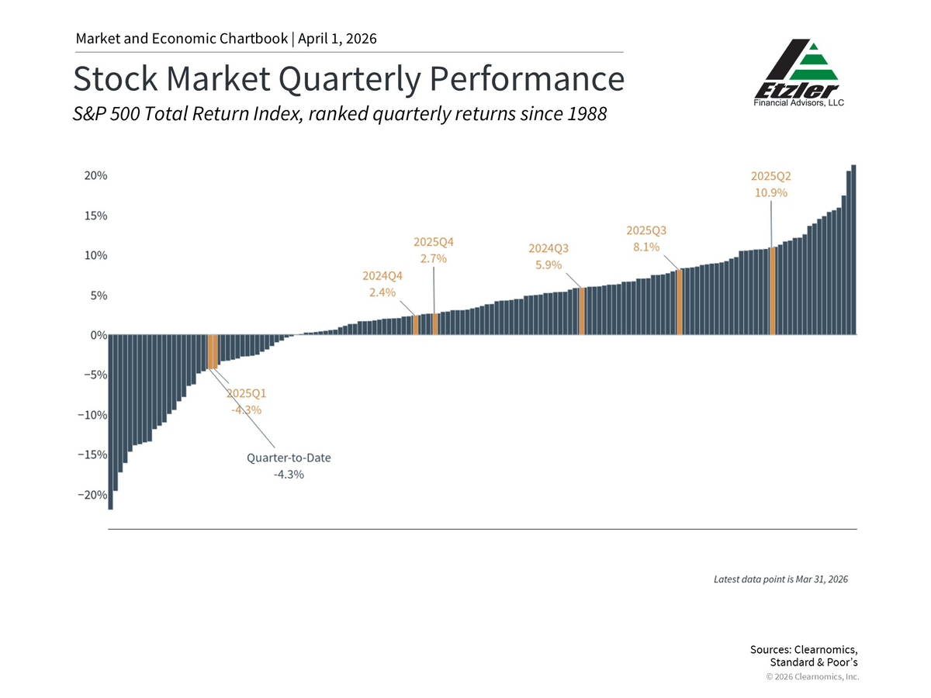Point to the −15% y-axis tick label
coord(92,454)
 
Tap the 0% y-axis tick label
coord(97,336)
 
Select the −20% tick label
coord(92,495)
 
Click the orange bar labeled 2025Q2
coord(772,291)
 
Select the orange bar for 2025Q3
coord(680,302)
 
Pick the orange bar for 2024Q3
coord(581,312)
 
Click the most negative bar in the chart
coord(111,422)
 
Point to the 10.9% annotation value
coord(771,193)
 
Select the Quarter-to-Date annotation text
coord(289,458)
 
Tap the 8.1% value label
coord(646,247)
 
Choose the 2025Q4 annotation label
coord(433,242)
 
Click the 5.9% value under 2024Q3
coord(549,265)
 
